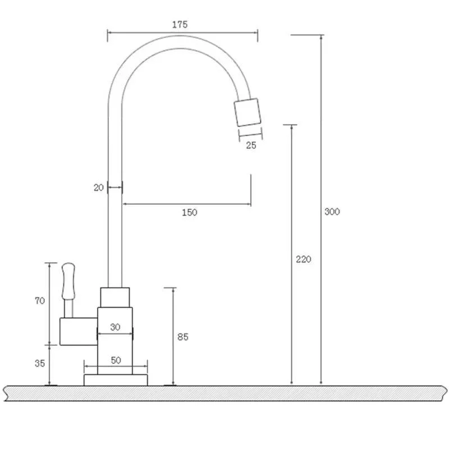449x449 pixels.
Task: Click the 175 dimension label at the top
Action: tap(180, 24)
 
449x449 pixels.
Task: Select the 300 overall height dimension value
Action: tap(332, 212)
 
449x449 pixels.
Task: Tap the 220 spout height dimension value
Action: tap(303, 259)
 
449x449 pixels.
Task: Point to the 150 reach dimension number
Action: tap(189, 212)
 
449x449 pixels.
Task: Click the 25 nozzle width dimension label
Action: tap(251, 145)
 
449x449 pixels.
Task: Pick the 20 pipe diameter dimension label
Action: tap(99, 188)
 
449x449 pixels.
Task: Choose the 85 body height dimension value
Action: tap(182, 337)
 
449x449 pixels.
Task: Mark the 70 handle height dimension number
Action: tap(40, 301)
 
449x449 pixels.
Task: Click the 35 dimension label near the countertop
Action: tap(40, 363)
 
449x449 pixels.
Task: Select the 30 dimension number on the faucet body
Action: tap(115, 327)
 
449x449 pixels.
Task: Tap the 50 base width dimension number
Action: tap(116, 360)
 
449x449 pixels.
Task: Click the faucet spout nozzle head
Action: tap(248, 112)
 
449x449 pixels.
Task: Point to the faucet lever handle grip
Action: tap(68, 280)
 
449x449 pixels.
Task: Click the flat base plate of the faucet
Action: tap(116, 380)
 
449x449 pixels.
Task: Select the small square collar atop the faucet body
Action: tap(115, 297)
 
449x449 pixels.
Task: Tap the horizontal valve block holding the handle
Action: tap(77, 331)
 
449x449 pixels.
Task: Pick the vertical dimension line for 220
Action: tap(292, 196)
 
